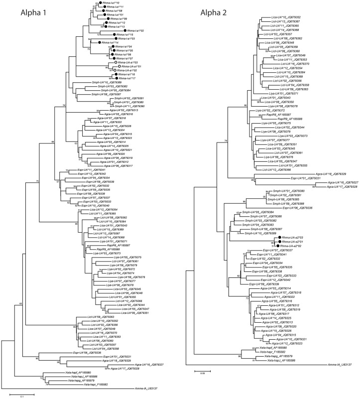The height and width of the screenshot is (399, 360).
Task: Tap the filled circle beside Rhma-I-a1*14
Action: coord(102,43)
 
